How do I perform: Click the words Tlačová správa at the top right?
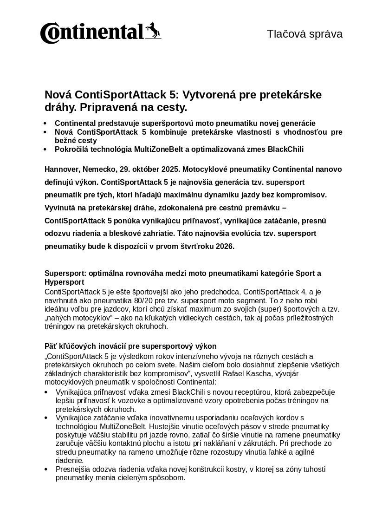tap(304, 34)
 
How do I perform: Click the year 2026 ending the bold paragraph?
tap(224, 247)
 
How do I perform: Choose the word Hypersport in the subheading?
tap(64, 282)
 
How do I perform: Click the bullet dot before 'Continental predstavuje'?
tap(45, 124)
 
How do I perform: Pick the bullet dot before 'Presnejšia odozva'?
tap(45, 470)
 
